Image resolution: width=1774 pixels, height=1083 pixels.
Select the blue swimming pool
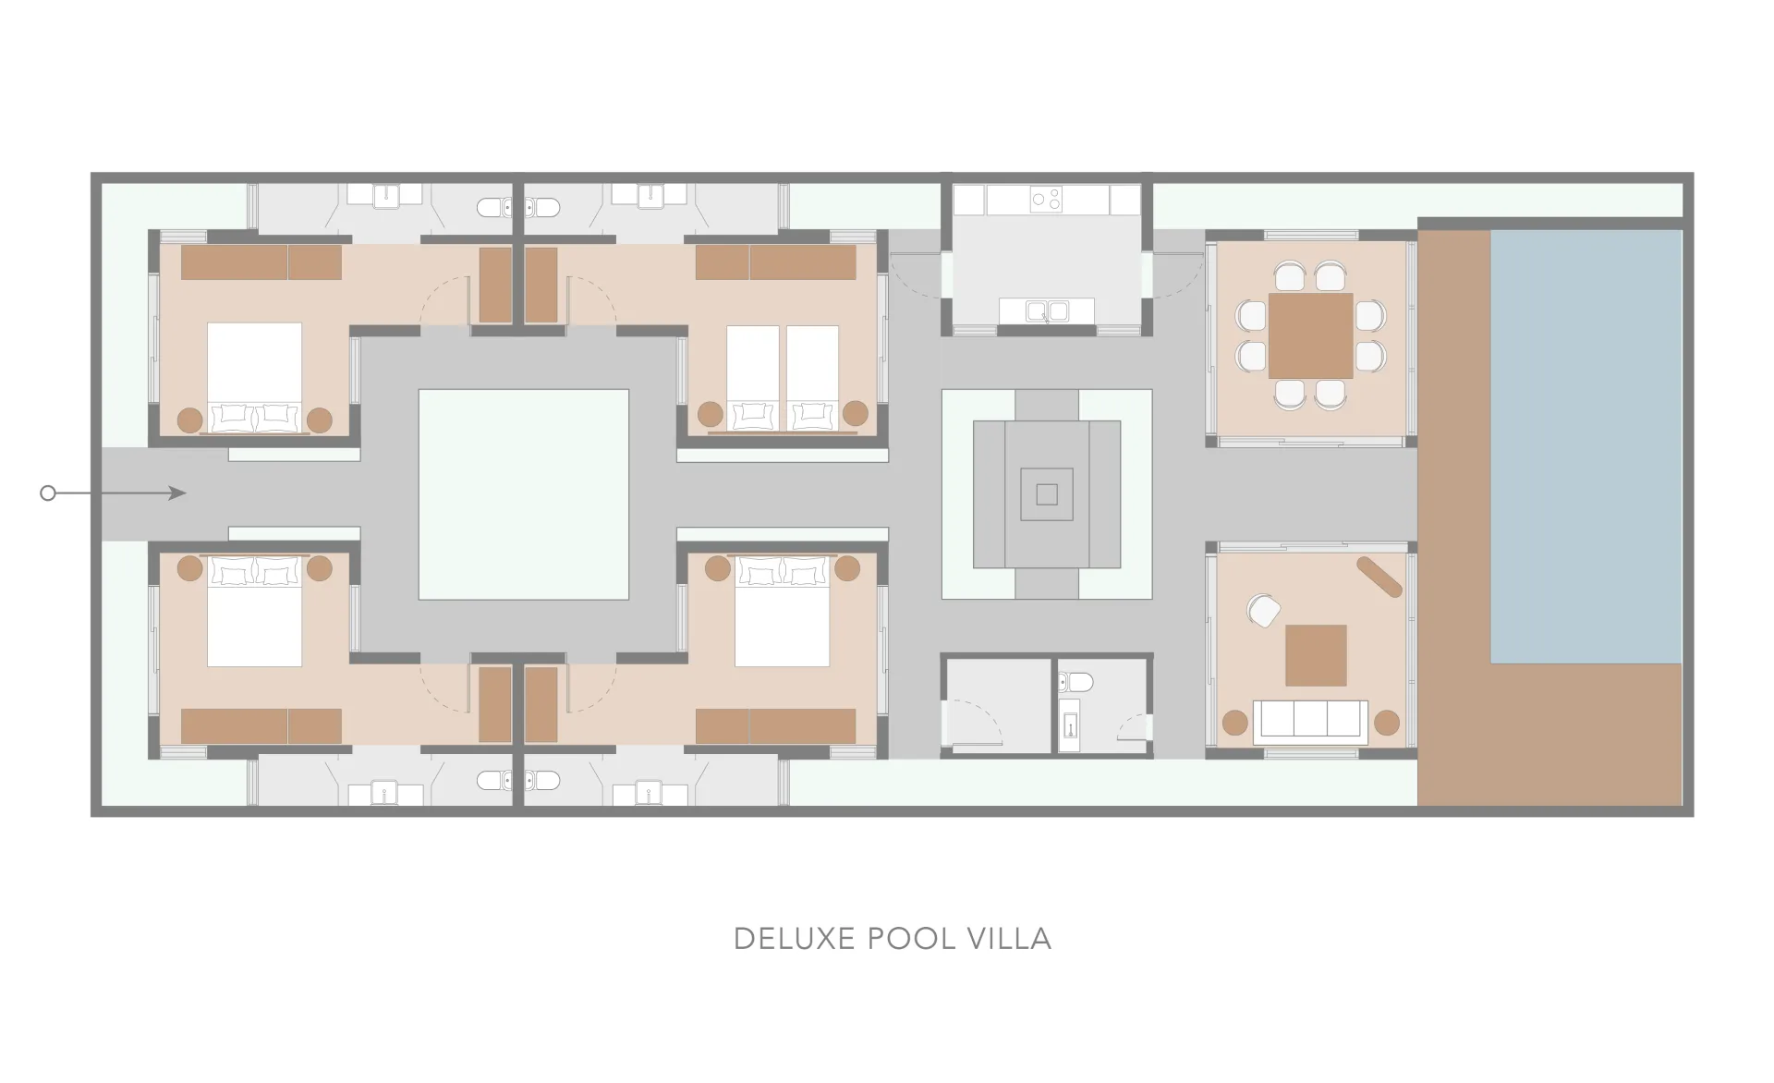pos(1586,446)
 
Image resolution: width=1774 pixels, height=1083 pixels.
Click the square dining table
pos(1310,335)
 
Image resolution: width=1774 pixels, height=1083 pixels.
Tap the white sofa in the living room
pos(1310,721)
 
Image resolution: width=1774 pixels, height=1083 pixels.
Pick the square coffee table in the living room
pos(1316,655)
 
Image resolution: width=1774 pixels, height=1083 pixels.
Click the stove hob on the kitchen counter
pos(1046,199)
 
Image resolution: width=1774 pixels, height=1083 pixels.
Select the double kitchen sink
pos(1046,311)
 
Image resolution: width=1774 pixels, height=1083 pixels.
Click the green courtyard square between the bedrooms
pos(524,494)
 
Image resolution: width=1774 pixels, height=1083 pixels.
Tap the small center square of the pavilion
pos(1047,494)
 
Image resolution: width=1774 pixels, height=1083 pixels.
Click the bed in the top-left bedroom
pos(254,377)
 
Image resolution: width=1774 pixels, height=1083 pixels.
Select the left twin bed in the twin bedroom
pos(754,378)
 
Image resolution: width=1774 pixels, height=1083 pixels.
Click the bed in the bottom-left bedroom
pos(254,611)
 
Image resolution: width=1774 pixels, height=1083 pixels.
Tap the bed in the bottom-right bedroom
pos(782,611)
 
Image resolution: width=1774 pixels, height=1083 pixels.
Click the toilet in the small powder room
pos(1075,683)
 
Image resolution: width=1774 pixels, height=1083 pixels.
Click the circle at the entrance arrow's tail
pos(48,493)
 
